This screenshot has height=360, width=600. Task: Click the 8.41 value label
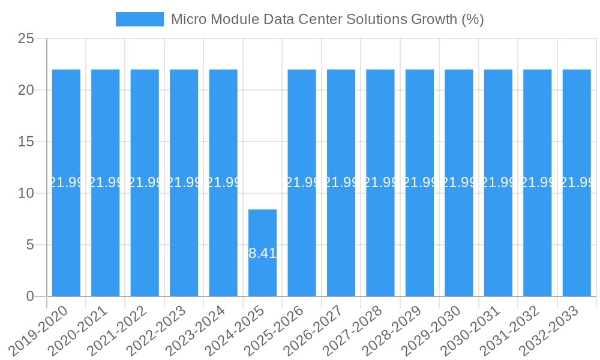(x=263, y=253)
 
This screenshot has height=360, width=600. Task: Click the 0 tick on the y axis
(x=31, y=296)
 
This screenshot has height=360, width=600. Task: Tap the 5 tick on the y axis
(x=31, y=245)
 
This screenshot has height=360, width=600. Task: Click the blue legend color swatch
(x=139, y=19)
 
